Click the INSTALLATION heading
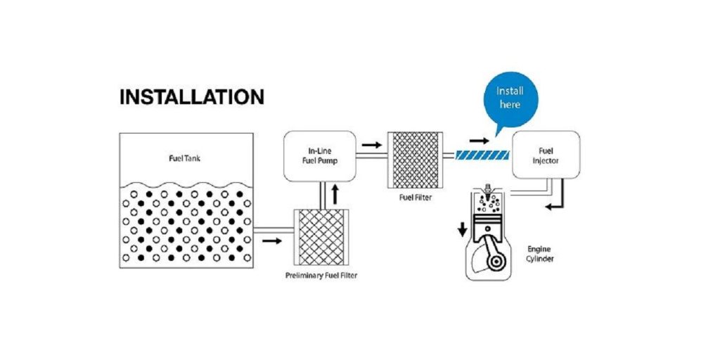tap(191, 97)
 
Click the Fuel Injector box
tap(546, 155)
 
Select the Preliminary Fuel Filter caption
tap(321, 275)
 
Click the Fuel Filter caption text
tap(415, 198)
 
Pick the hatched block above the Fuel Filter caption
tap(415, 161)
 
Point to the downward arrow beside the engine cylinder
tap(462, 230)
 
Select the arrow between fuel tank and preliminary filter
tap(271, 241)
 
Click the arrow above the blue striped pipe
tap(482, 140)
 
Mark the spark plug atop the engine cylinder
tap(487, 190)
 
